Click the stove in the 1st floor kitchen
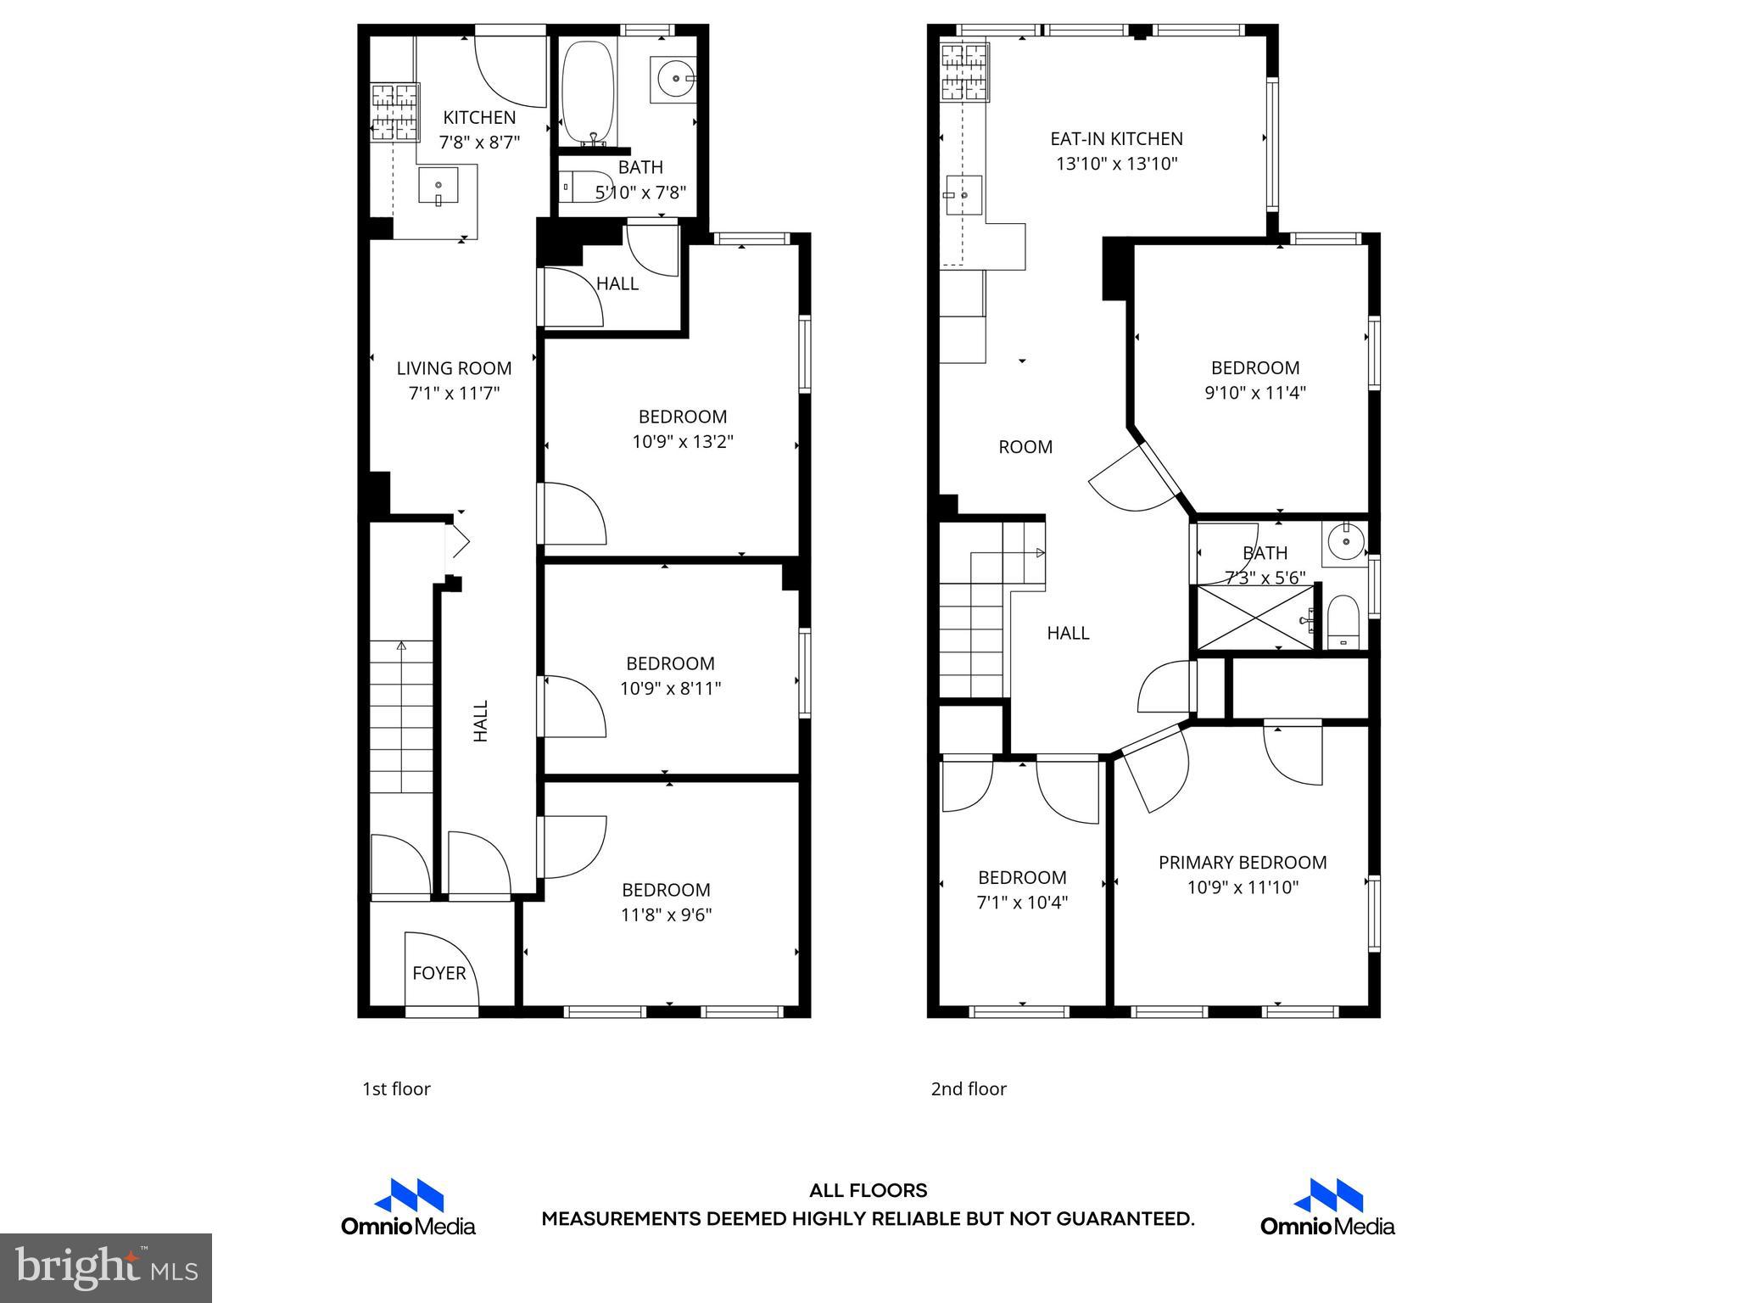tap(395, 111)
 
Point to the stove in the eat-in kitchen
tap(965, 72)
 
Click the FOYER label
tap(438, 973)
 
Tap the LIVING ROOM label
tap(454, 368)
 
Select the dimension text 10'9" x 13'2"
tap(682, 442)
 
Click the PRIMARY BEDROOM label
tap(1242, 863)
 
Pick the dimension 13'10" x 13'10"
tap(1116, 164)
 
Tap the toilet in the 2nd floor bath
tap(1343, 622)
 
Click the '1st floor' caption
tap(396, 1089)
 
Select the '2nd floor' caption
tap(968, 1089)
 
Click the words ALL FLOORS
tap(868, 1191)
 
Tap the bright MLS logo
tap(106, 1267)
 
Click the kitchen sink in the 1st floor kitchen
tap(438, 185)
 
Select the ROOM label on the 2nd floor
tap(1025, 447)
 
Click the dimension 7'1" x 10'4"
tap(1021, 903)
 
